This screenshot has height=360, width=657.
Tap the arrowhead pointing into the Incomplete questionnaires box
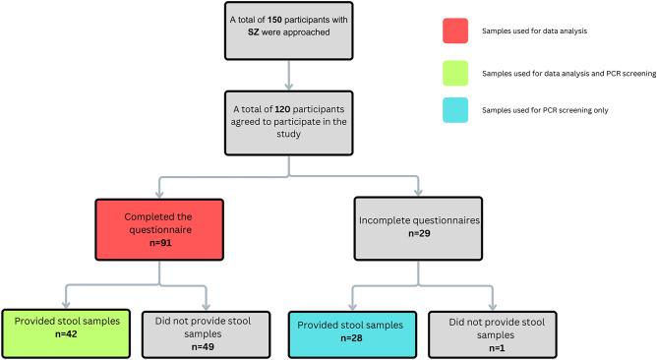[x=419, y=194]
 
